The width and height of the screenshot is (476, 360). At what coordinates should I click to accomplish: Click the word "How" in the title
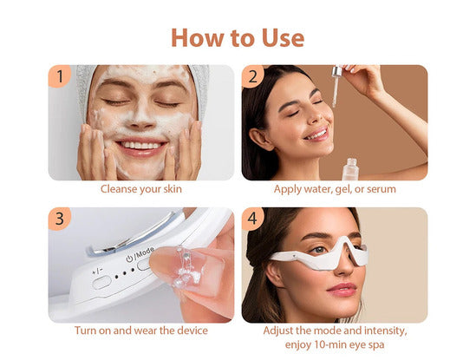point(199,37)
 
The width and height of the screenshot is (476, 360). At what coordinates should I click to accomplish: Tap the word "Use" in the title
point(283,37)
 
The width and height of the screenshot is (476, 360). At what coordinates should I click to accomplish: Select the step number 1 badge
point(60,76)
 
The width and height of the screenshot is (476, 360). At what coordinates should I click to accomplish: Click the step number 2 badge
point(252,76)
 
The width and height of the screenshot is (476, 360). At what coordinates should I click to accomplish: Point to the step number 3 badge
point(60,219)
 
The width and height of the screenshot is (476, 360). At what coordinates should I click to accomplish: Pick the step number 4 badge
point(252,219)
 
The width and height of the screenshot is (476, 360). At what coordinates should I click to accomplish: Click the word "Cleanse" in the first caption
point(119,189)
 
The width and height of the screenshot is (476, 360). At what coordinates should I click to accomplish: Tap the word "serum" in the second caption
point(381,189)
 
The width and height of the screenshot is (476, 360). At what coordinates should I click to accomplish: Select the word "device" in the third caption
point(192,331)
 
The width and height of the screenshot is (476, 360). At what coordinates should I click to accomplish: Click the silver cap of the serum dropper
point(337,71)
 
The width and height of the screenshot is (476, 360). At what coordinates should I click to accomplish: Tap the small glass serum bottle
point(351,169)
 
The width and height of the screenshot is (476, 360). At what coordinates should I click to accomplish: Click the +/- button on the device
point(101,283)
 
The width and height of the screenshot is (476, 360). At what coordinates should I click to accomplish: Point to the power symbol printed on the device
point(130,259)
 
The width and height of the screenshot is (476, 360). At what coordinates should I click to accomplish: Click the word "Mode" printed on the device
point(145,254)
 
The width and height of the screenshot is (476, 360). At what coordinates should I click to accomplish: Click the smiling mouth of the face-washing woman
point(141,147)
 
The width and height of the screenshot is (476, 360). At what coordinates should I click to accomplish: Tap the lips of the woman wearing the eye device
point(342,290)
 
